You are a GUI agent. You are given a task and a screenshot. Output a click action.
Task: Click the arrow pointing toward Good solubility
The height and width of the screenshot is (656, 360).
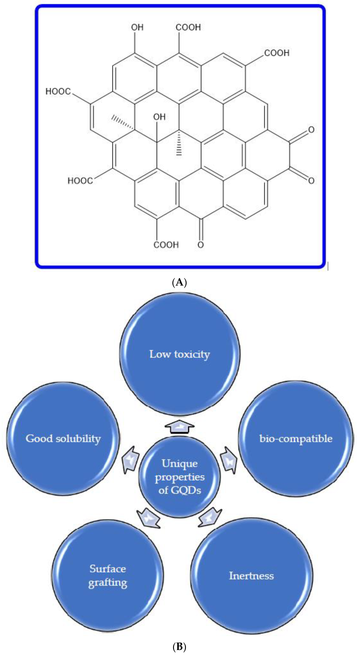pyautogui.click(x=131, y=460)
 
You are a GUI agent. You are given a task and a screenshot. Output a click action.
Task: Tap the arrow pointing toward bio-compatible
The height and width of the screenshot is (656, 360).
pyautogui.click(x=228, y=460)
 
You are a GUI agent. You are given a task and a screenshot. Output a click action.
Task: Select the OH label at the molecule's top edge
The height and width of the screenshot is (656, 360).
pyautogui.click(x=137, y=27)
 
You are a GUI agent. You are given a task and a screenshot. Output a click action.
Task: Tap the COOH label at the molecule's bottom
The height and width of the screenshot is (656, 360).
pyautogui.click(x=166, y=245)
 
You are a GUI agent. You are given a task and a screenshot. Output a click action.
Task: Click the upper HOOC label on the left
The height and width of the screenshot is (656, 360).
pyautogui.click(x=58, y=91)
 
